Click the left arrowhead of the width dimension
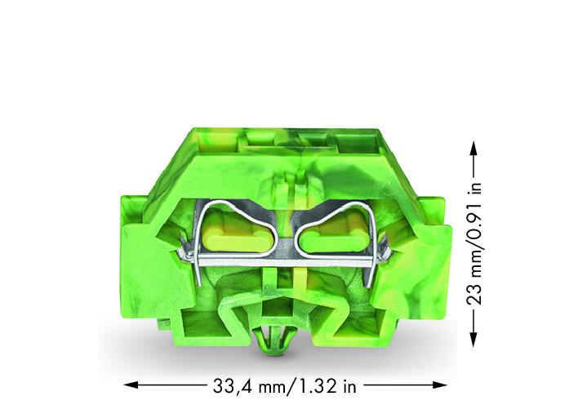coord(131,385)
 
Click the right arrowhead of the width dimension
coord(440,385)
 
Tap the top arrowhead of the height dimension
coord(473,149)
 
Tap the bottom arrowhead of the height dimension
coord(473,340)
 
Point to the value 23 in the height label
coord(473,292)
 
